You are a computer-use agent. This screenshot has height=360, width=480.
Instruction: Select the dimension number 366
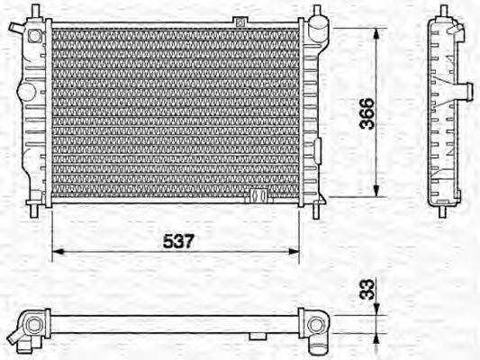[x=366, y=113]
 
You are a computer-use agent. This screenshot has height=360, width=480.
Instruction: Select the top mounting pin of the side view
[x=444, y=13]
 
